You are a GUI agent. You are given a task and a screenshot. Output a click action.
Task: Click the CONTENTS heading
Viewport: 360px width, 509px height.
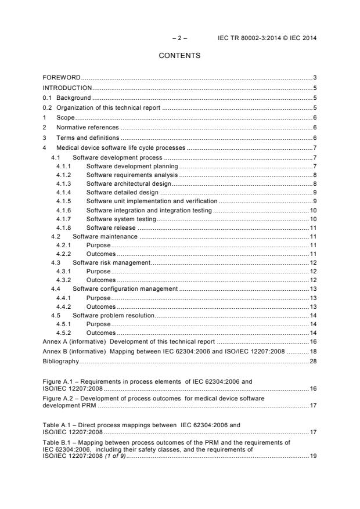[x=179, y=56]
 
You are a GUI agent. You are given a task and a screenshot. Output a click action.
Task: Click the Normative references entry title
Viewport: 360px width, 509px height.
[x=87, y=127]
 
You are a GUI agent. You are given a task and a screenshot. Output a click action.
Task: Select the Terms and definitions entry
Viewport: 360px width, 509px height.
[x=88, y=138]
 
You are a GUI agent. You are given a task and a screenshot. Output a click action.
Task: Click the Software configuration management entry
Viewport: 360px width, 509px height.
[x=124, y=288]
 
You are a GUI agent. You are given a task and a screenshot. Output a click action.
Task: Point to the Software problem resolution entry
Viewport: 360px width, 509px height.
[x=113, y=315]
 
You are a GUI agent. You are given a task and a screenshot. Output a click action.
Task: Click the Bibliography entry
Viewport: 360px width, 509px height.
[x=60, y=361]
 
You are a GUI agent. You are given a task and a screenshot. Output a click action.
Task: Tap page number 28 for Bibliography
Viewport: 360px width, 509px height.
[x=312, y=361]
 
